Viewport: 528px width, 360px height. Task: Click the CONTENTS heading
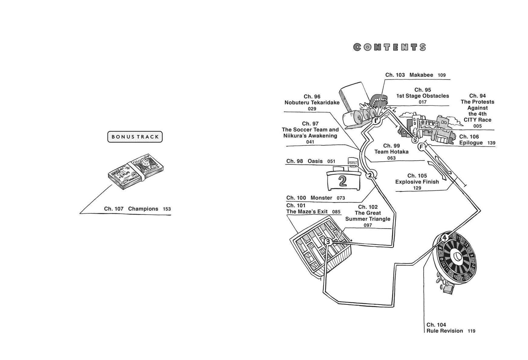click(390, 47)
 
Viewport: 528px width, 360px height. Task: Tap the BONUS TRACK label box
click(135, 137)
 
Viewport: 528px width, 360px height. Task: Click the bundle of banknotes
click(136, 172)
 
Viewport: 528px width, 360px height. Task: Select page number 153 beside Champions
click(167, 209)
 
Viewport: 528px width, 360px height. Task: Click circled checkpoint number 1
click(376, 121)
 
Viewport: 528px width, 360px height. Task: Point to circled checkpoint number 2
click(370, 175)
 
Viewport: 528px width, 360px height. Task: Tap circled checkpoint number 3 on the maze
click(328, 242)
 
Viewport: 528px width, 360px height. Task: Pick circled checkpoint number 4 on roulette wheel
click(445, 238)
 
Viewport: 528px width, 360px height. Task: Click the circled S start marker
click(415, 140)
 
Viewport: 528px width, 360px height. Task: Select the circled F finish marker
click(421, 147)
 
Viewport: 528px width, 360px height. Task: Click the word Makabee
click(421, 75)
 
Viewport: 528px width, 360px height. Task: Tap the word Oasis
click(315, 161)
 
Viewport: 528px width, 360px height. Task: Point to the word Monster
click(321, 198)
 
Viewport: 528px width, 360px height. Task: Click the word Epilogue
click(471, 143)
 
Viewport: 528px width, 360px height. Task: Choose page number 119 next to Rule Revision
click(471, 331)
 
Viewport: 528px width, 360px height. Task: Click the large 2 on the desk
click(343, 181)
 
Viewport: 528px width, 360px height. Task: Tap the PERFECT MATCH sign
click(353, 165)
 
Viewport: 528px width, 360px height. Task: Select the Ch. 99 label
click(391, 146)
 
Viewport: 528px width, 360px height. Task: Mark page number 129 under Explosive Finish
click(417, 188)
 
